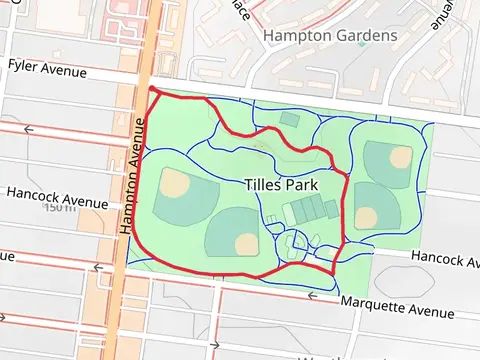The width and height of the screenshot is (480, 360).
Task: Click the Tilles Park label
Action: click(281, 185)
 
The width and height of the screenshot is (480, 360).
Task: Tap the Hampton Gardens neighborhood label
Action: click(330, 36)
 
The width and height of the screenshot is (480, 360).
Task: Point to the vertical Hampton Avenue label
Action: click(129, 175)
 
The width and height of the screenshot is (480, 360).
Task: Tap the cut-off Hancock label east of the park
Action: click(445, 259)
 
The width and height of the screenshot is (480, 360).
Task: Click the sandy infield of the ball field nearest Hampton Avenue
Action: click(176, 183)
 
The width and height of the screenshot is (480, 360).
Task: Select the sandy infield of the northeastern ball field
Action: click(400, 157)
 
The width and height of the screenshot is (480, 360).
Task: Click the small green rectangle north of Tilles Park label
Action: click(289, 119)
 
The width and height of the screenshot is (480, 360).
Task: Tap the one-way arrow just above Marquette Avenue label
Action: click(313, 296)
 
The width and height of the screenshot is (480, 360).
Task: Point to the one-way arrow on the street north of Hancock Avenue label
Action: click(28, 129)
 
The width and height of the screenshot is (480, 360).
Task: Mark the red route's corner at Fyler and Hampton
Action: click(151, 90)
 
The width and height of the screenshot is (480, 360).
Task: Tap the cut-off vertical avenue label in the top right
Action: click(443, 14)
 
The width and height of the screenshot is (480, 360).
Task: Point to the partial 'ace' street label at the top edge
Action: click(240, 8)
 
